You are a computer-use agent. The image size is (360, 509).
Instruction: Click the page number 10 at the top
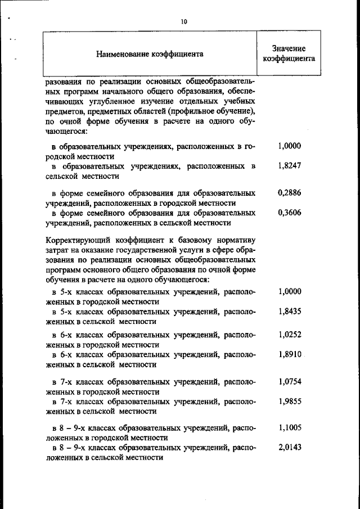point(183,21)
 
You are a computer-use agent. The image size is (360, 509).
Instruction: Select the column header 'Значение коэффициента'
point(289,54)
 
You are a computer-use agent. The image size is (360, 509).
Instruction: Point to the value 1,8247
point(290,166)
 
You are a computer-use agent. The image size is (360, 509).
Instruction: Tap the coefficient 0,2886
point(290,192)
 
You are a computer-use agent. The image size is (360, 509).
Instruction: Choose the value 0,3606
point(290,213)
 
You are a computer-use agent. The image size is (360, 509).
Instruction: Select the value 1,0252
point(290,334)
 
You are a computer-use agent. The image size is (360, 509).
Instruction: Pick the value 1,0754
point(290,381)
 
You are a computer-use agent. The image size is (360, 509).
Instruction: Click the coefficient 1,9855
point(290,402)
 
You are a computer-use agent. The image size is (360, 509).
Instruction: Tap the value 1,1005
point(290,427)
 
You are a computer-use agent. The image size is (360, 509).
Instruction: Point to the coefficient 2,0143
point(290,448)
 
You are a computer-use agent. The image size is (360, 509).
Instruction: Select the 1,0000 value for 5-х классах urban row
point(290,291)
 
